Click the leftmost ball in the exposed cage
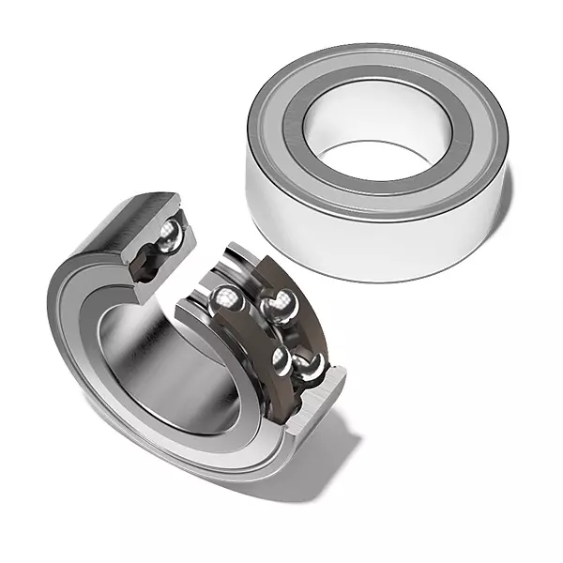pos(225,300)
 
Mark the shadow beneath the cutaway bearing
pos(310,469)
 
